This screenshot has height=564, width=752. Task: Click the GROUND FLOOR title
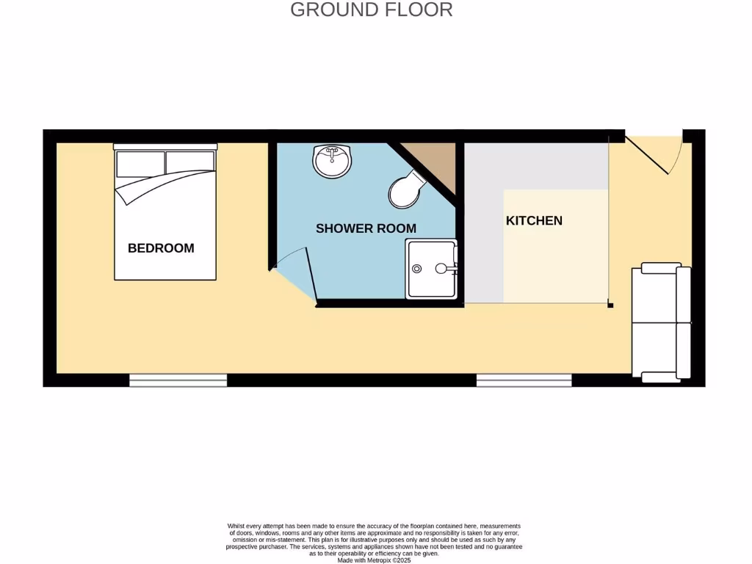371,10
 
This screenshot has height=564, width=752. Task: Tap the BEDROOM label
161,248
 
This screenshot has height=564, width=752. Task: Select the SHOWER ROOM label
366,228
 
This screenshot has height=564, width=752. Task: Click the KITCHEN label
534,220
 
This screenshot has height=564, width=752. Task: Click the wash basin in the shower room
333,160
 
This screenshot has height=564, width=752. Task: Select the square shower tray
431,268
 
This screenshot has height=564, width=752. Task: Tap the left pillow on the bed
140,163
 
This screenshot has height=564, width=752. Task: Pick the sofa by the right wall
661,323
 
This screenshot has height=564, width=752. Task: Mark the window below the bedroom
178,380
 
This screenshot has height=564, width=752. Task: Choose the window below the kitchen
524,380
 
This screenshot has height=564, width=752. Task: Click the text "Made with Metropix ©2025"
375,560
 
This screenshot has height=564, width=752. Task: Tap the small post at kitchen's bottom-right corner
611,304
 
